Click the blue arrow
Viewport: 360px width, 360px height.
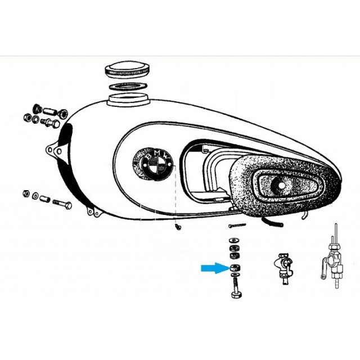click(x=215, y=268)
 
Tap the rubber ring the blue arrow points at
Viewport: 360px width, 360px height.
click(x=235, y=268)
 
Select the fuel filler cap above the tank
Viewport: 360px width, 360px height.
click(x=128, y=68)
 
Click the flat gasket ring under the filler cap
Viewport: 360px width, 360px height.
click(x=128, y=86)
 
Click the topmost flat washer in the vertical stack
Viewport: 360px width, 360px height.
click(x=234, y=240)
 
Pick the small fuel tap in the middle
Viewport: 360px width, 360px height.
click(x=284, y=268)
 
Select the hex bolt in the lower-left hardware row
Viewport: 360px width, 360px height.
click(x=62, y=204)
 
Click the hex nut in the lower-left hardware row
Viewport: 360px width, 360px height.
click(x=26, y=193)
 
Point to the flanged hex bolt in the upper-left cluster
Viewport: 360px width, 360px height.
click(x=51, y=123)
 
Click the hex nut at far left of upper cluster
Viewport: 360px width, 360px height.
click(x=28, y=118)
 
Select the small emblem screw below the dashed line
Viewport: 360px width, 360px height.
click(x=178, y=227)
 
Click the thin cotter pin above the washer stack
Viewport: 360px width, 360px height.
click(x=237, y=226)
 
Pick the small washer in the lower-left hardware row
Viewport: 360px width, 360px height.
click(x=35, y=196)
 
